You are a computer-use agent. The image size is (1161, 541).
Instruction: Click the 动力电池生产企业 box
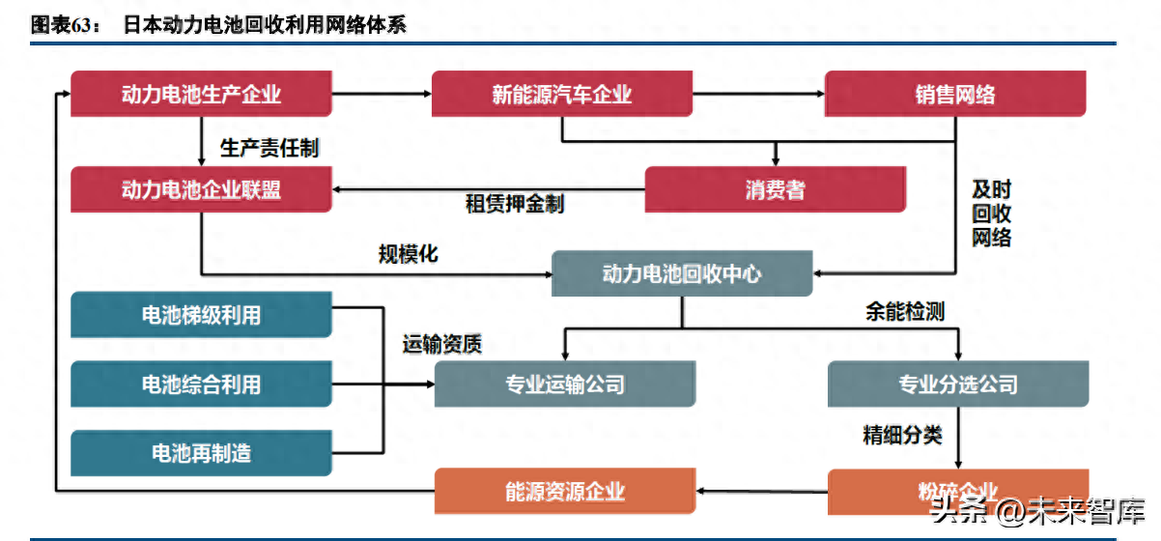(x=201, y=95)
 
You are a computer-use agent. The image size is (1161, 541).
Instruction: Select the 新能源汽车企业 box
(x=561, y=95)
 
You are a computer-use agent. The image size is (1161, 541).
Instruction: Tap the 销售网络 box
(x=954, y=95)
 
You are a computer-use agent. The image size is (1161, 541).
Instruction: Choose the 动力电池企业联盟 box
(x=201, y=189)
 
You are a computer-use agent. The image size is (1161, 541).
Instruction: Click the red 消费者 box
(x=775, y=190)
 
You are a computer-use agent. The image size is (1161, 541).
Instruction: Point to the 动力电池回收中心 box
(x=682, y=274)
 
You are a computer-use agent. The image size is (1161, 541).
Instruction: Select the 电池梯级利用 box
(x=201, y=315)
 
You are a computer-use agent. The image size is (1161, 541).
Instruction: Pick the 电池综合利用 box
(x=201, y=384)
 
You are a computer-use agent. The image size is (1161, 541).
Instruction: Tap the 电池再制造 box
(x=201, y=453)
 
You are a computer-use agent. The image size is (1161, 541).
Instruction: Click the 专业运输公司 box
(x=565, y=384)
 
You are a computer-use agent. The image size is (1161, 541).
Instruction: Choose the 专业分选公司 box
(x=958, y=384)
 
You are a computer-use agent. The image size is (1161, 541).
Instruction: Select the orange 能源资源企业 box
(x=565, y=491)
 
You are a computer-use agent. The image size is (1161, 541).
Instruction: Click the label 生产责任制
(x=269, y=148)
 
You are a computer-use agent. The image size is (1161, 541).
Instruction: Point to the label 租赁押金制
(x=514, y=204)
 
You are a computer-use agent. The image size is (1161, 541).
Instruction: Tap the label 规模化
(x=408, y=254)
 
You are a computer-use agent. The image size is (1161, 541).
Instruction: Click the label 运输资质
(x=442, y=343)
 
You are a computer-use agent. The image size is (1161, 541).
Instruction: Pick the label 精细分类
(x=901, y=435)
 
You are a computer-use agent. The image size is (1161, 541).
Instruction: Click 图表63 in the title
(x=66, y=25)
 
